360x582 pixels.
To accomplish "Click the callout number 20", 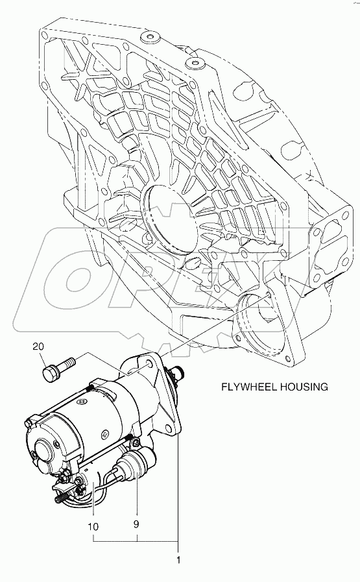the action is tap(38, 346).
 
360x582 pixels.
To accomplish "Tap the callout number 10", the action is tap(93, 526).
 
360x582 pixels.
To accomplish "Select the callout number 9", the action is tap(136, 524).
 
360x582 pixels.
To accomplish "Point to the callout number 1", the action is tap(178, 560).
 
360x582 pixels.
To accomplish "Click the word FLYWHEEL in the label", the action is tap(248, 387).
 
